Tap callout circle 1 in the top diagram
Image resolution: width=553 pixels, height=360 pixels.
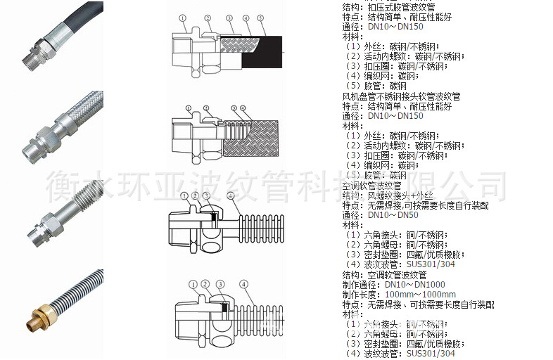[x=182, y=18]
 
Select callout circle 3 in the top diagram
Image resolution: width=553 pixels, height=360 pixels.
[x=229, y=18]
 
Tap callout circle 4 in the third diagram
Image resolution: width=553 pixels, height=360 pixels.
[x=230, y=195]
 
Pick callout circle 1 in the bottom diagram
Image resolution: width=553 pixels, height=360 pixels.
[x=193, y=284]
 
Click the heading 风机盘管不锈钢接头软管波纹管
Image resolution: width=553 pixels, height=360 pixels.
[x=401, y=96]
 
